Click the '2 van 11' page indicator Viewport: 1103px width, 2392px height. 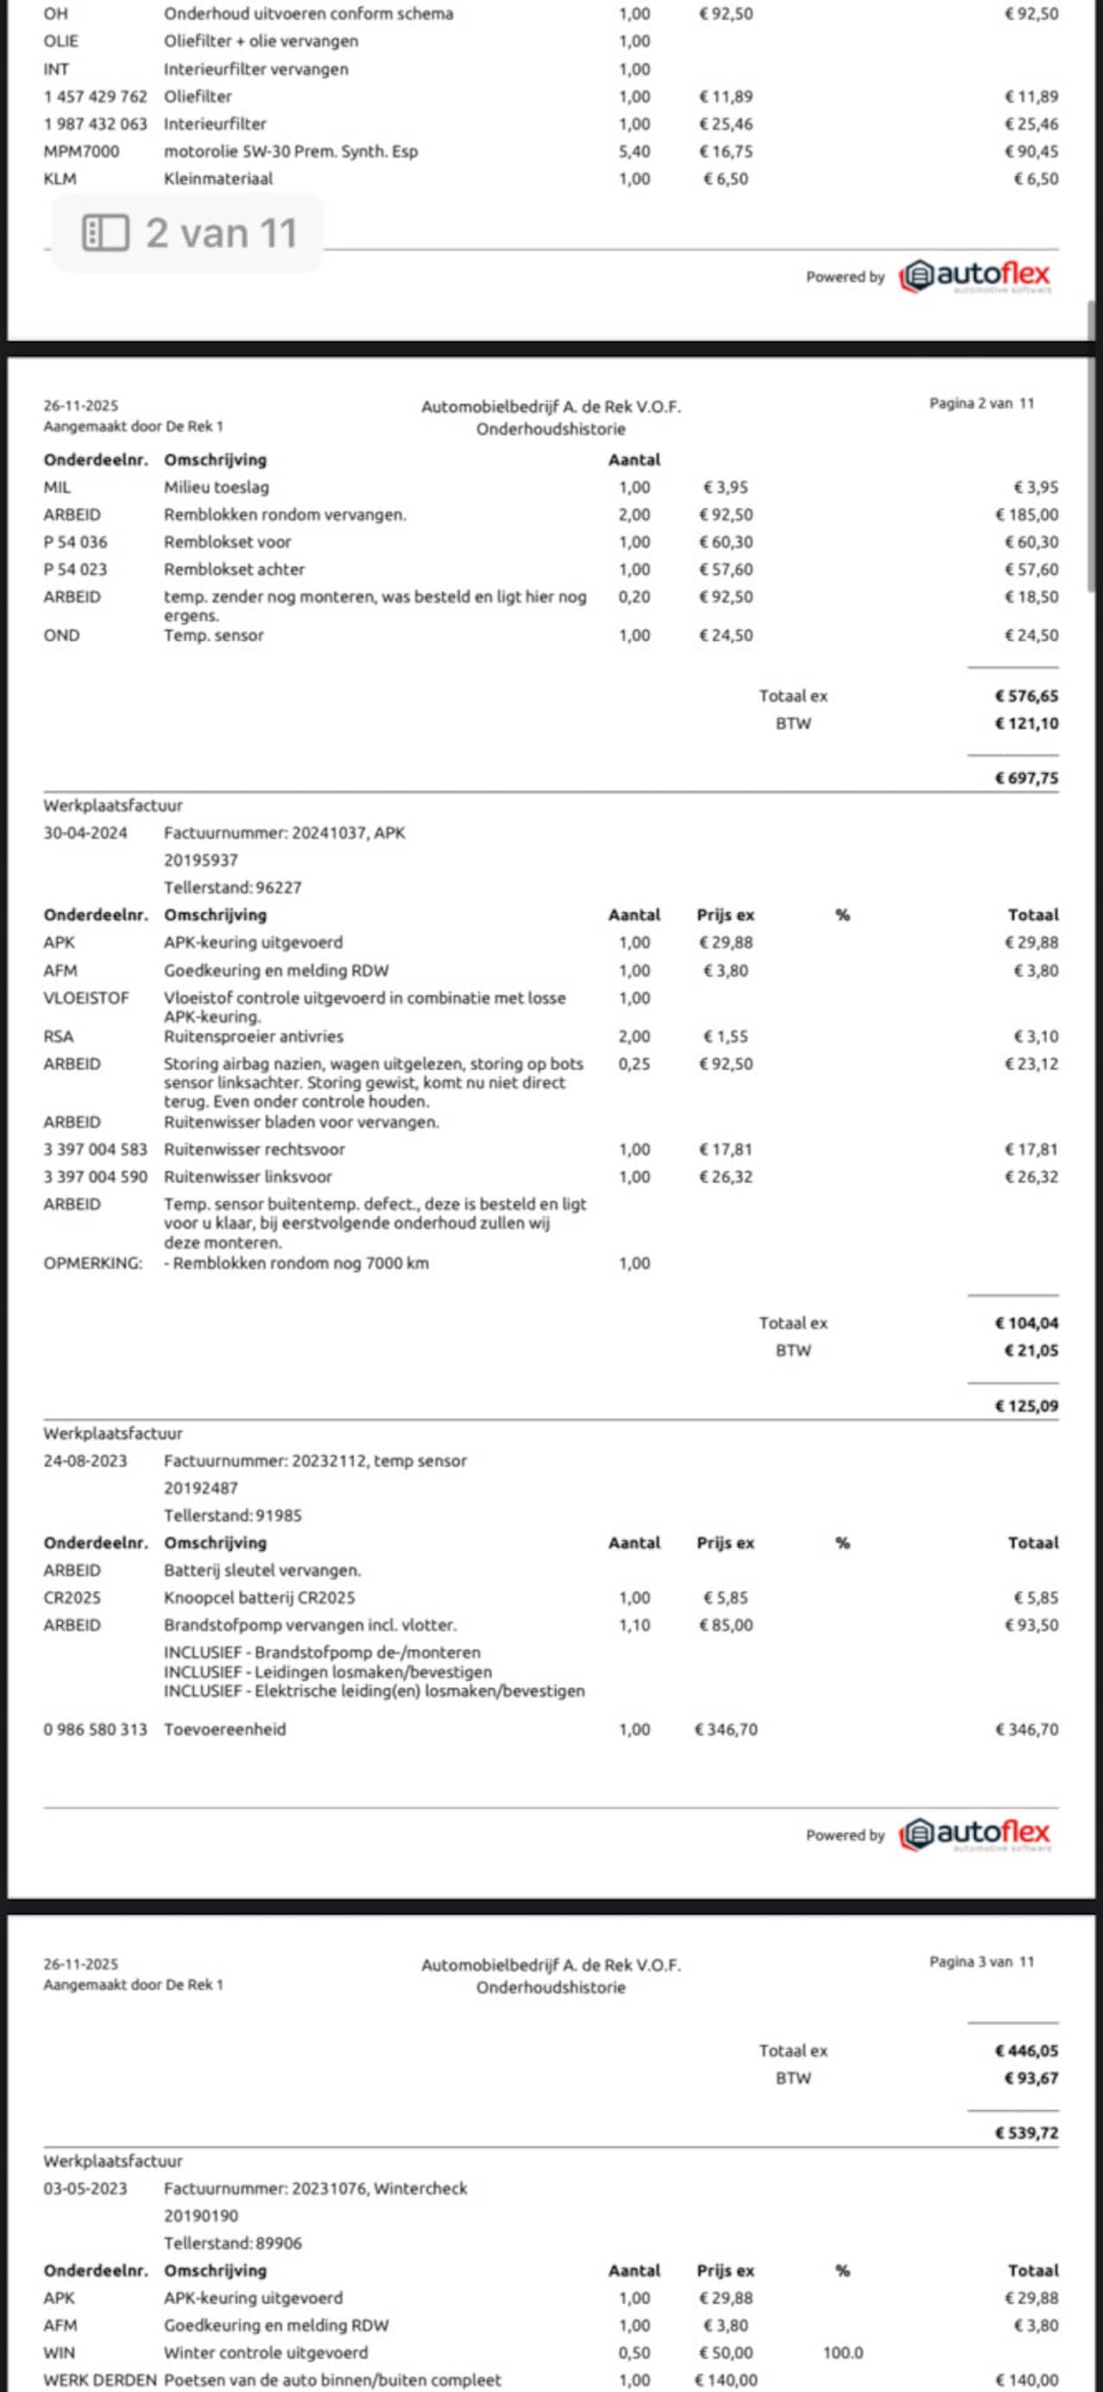(221, 233)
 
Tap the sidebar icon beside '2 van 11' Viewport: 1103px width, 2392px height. (105, 233)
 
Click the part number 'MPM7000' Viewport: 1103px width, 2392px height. (82, 152)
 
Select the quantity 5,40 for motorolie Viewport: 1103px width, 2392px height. (634, 152)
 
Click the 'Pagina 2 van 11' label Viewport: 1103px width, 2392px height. (981, 403)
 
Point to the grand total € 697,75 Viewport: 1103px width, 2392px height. (1026, 778)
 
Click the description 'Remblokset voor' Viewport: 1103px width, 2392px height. (227, 541)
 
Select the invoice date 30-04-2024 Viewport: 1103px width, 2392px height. (85, 833)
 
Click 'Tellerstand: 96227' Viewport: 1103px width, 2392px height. (232, 888)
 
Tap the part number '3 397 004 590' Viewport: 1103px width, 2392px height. (95, 1176)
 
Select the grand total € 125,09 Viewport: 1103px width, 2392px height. (1026, 1406)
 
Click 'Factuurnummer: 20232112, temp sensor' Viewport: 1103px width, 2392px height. (315, 1461)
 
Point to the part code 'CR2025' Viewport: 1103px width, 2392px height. (72, 1598)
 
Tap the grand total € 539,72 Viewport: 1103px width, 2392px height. (1026, 2133)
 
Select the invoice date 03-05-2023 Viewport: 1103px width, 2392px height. (85, 2188)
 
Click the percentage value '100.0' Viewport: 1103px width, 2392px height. (842, 2352)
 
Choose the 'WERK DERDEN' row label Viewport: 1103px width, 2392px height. (99, 2380)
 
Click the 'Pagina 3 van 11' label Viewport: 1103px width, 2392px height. (981, 1961)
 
